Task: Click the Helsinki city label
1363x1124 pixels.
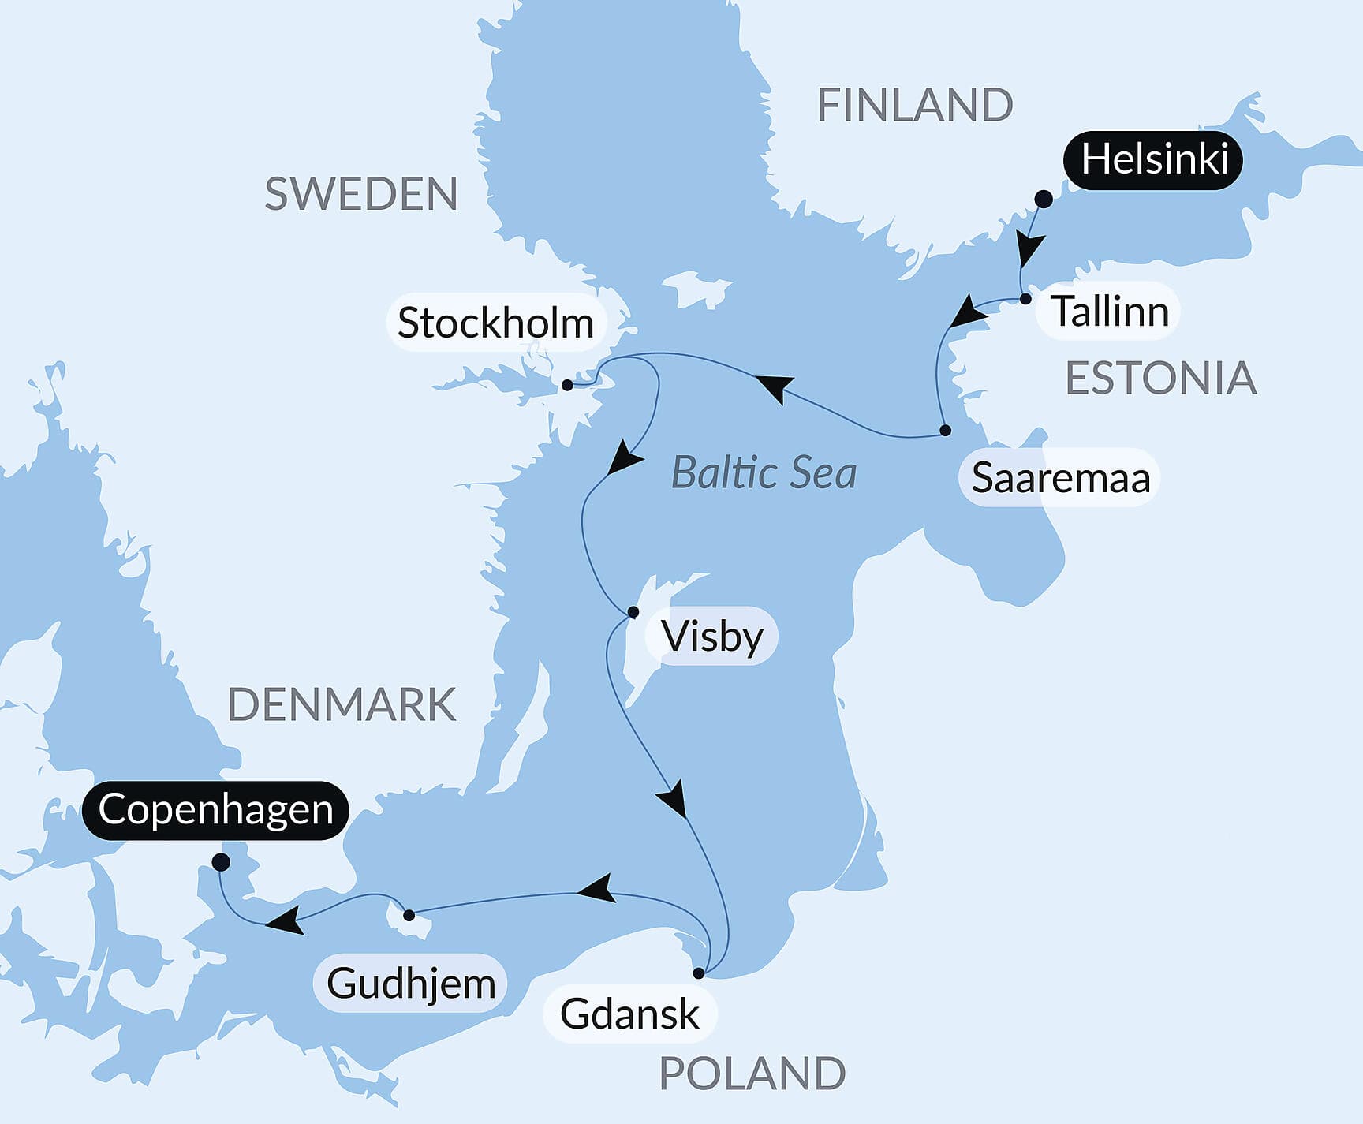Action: (1152, 160)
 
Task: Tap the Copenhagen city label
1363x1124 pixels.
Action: (215, 810)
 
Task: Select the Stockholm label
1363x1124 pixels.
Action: (495, 323)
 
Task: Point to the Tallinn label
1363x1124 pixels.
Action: (1109, 312)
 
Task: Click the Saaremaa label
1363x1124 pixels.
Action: (1059, 478)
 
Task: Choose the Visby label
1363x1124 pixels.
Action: (711, 637)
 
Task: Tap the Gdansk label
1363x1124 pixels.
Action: (629, 1014)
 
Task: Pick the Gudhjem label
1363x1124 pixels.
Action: (411, 984)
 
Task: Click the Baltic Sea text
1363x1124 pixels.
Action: (763, 473)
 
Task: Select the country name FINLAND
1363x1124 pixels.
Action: (914, 105)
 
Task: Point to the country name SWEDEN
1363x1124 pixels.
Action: (360, 194)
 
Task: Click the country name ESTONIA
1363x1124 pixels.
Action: (1160, 379)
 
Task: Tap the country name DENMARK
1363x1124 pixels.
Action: (342, 704)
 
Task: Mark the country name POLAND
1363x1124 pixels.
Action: (752, 1074)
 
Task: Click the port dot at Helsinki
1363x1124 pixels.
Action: (1043, 199)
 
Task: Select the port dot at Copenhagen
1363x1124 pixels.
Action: (222, 862)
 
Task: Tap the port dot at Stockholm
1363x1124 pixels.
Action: (567, 385)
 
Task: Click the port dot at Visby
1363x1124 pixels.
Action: (633, 612)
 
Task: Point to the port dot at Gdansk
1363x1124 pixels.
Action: (698, 973)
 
